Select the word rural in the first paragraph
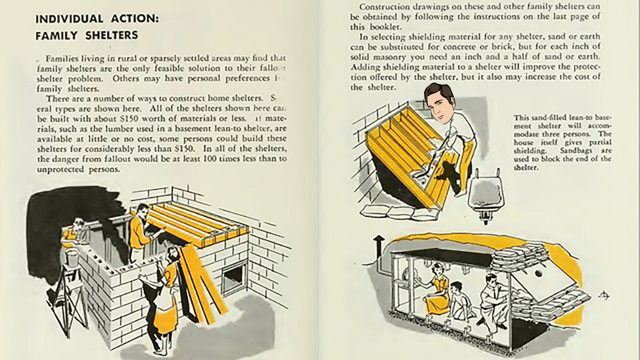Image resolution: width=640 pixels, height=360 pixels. point(137,58)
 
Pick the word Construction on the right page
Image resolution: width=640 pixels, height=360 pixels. point(381,7)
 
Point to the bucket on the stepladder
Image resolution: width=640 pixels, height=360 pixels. point(72,256)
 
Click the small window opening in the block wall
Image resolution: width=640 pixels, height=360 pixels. point(234,277)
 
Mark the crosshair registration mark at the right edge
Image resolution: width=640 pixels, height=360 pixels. point(604,296)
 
